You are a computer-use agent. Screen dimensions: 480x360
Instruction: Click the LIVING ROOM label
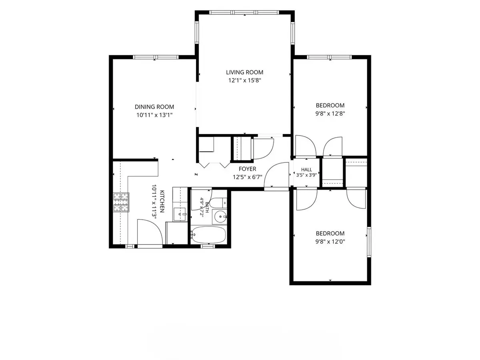244,72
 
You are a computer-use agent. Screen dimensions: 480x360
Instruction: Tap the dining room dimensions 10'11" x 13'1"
154,115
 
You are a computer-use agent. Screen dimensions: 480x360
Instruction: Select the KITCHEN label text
162,201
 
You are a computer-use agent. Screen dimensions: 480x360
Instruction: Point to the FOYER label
247,169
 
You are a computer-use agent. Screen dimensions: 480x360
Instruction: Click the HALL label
306,169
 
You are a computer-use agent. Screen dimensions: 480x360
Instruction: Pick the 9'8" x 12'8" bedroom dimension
330,114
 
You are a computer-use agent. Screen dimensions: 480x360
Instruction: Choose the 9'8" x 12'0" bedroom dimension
330,242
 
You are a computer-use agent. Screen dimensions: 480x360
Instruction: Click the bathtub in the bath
208,235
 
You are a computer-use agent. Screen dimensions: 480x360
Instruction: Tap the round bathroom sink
219,217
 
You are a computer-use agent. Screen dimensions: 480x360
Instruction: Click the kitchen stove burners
121,202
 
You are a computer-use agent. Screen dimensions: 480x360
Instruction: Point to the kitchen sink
180,214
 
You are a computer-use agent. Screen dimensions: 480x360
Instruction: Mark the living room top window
244,12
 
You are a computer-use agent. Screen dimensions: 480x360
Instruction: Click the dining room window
156,57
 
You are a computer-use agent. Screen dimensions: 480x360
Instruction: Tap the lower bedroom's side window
369,242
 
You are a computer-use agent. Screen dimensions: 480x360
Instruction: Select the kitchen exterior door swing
150,234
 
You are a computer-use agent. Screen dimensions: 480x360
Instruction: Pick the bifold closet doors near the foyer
214,165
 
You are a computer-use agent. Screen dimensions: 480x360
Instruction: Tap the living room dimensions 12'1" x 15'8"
245,80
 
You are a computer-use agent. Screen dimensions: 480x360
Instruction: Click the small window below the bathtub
208,246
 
